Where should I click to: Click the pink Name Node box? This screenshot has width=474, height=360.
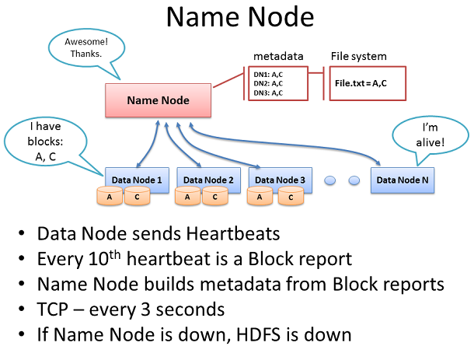click(158, 100)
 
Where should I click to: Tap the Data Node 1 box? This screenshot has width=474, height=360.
click(137, 180)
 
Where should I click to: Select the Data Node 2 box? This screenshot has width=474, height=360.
click(208, 180)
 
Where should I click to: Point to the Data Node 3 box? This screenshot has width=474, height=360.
click(281, 180)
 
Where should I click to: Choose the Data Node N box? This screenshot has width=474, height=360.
click(403, 180)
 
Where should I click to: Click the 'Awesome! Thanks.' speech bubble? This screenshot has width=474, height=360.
click(86, 48)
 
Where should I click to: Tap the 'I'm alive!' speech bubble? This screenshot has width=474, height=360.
click(430, 135)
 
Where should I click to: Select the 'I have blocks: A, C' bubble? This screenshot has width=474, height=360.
click(45, 142)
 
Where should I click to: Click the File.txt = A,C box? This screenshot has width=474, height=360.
click(368, 83)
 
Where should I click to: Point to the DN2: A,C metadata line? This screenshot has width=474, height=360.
click(268, 83)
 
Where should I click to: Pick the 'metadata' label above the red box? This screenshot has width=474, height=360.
click(278, 56)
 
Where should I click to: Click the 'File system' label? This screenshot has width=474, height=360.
click(358, 56)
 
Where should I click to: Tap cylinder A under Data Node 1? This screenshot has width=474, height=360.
click(110, 197)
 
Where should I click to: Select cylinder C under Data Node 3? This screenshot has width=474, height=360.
click(291, 197)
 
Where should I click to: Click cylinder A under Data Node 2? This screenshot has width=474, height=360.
click(187, 197)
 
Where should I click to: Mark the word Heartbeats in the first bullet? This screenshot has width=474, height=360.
click(233, 234)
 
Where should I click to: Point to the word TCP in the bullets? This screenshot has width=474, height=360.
click(52, 309)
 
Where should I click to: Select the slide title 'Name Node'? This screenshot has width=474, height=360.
click(240, 17)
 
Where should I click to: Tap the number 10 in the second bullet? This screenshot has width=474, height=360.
click(99, 259)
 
